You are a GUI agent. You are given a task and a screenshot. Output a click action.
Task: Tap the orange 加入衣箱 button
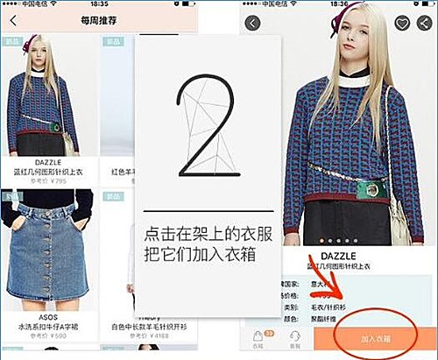[375, 337]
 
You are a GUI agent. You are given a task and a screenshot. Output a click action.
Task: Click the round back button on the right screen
[254, 23]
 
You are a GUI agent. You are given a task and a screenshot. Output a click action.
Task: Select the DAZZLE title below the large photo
[339, 257]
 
